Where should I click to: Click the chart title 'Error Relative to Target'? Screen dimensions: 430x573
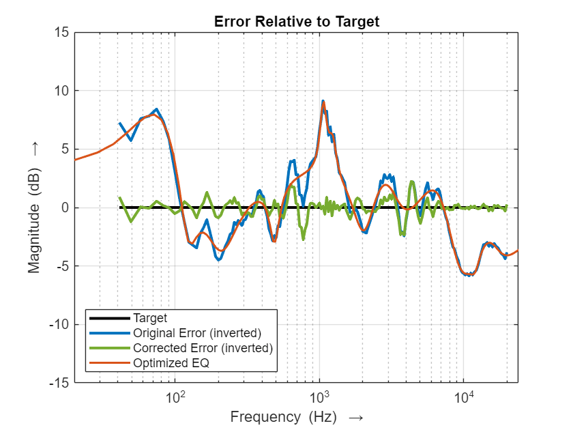point(296,21)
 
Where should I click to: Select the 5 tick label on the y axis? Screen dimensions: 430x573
point(63,149)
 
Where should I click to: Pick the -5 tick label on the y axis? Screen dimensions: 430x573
point(61,266)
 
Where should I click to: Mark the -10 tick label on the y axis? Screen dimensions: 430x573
point(58,324)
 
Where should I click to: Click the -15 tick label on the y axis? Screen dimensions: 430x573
point(58,383)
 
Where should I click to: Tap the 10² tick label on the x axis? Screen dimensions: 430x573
point(175,397)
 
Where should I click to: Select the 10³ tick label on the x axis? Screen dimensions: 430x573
point(320,397)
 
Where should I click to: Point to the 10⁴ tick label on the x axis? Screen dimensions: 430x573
point(464,397)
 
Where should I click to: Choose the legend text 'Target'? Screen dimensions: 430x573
point(150,318)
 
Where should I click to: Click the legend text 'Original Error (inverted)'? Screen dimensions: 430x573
point(197,333)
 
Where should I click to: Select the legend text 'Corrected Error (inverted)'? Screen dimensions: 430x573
point(203,348)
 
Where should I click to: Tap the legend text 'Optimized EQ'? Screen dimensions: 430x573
point(171,362)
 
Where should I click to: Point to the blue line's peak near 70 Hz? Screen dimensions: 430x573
point(156,109)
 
